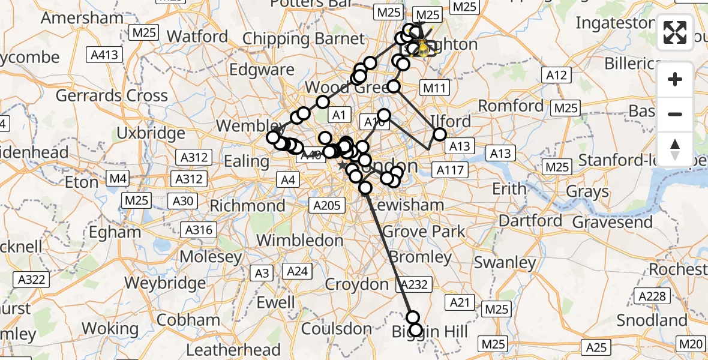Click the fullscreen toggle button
[x=675, y=32]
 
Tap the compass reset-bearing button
[x=675, y=149]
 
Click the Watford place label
[x=198, y=36]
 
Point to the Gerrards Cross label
[x=112, y=95]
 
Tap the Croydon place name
[x=357, y=284]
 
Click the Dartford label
[x=531, y=220]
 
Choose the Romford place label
[x=511, y=106]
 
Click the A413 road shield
[x=105, y=55]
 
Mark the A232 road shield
[x=412, y=284]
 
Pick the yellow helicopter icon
[x=423, y=47]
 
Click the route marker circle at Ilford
[x=440, y=134]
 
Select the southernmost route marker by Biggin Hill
[x=415, y=329]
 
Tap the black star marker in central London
[x=342, y=165]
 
